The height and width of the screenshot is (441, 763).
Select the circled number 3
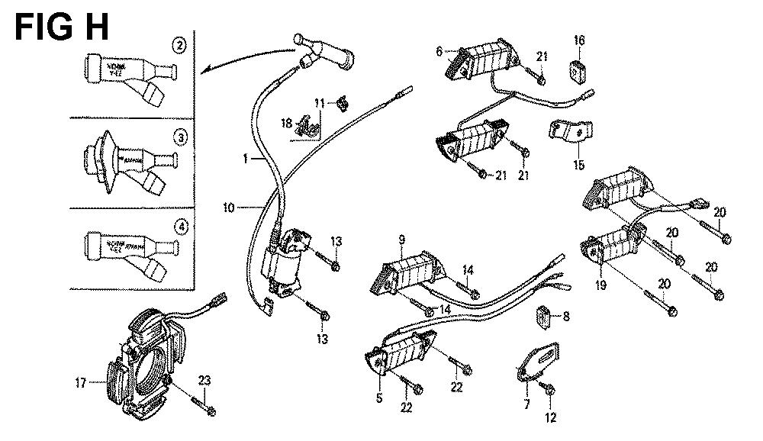179,137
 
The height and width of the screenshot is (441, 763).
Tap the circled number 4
179,227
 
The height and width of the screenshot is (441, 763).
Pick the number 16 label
579,40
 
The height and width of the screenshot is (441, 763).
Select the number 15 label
579,164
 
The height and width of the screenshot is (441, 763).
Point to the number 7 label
526,403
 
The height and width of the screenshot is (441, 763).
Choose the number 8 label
565,315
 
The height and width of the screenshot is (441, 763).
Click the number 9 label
401,241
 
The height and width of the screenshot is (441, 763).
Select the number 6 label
439,51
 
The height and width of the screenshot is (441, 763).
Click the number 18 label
287,121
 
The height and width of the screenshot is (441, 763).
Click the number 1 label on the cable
246,159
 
